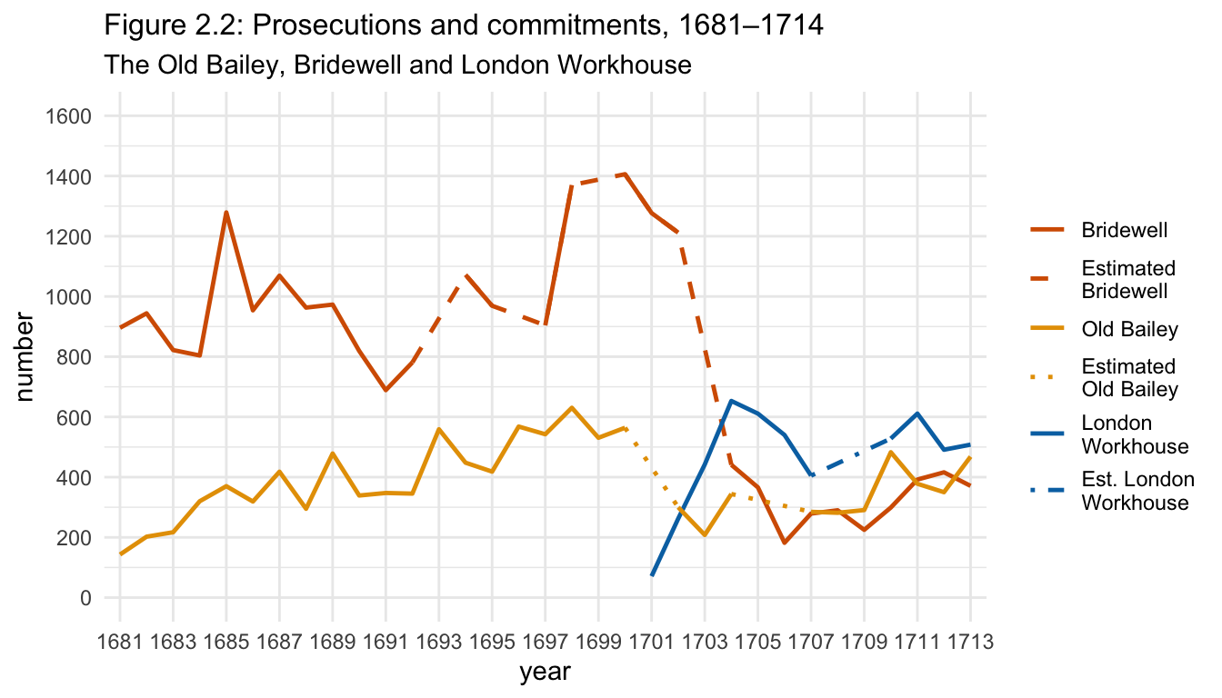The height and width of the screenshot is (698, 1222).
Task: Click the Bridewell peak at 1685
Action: click(x=225, y=213)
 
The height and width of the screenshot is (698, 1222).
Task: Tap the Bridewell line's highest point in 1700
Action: click(x=626, y=174)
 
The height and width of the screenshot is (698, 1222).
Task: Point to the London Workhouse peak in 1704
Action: click(x=732, y=401)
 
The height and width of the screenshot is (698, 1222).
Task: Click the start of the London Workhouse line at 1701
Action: click(x=652, y=575)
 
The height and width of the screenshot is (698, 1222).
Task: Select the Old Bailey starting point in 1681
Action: click(x=120, y=553)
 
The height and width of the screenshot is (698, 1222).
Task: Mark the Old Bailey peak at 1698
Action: click(x=572, y=408)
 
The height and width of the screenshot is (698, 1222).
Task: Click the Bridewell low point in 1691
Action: click(x=386, y=390)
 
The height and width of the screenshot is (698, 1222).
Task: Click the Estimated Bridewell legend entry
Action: click(x=1127, y=280)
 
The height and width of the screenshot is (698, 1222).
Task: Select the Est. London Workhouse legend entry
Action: click(x=1137, y=491)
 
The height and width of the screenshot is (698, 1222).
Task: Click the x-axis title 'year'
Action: click(x=545, y=673)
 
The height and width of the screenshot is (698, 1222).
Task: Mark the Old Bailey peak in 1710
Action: click(x=891, y=452)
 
